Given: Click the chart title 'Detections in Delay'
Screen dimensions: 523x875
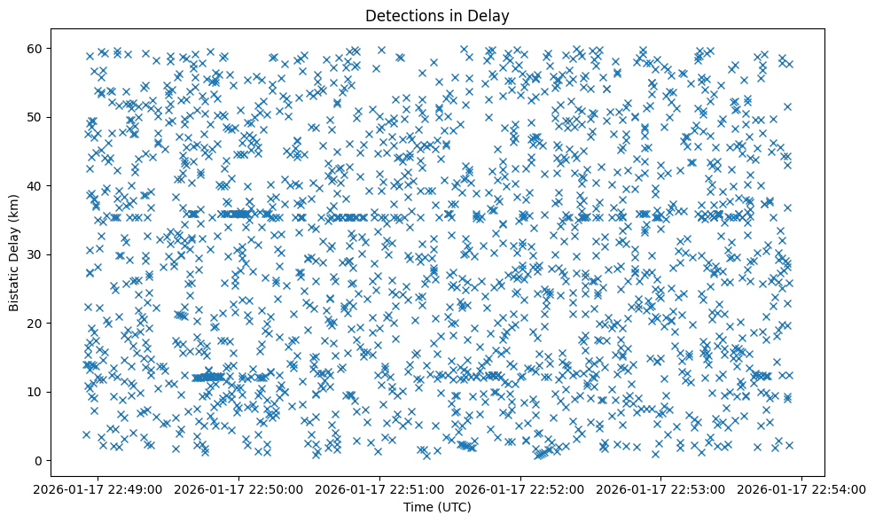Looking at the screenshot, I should [x=437, y=15].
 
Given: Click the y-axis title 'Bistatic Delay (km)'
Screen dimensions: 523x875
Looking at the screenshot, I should [x=14, y=253].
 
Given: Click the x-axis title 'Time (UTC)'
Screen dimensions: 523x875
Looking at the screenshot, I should [x=437, y=507].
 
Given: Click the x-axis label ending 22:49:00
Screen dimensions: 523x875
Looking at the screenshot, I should [x=99, y=488].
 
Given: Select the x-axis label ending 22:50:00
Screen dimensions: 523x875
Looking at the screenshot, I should [x=240, y=488].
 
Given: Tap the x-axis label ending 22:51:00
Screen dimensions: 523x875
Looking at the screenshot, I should [x=380, y=488].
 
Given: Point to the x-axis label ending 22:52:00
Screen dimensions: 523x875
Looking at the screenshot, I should [x=521, y=488].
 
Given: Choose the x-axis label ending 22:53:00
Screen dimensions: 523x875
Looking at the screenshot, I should [x=661, y=488].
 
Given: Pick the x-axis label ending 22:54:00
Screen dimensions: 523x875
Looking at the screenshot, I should [x=802, y=488].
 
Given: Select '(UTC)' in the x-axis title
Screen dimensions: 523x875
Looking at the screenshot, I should [x=453, y=507].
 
